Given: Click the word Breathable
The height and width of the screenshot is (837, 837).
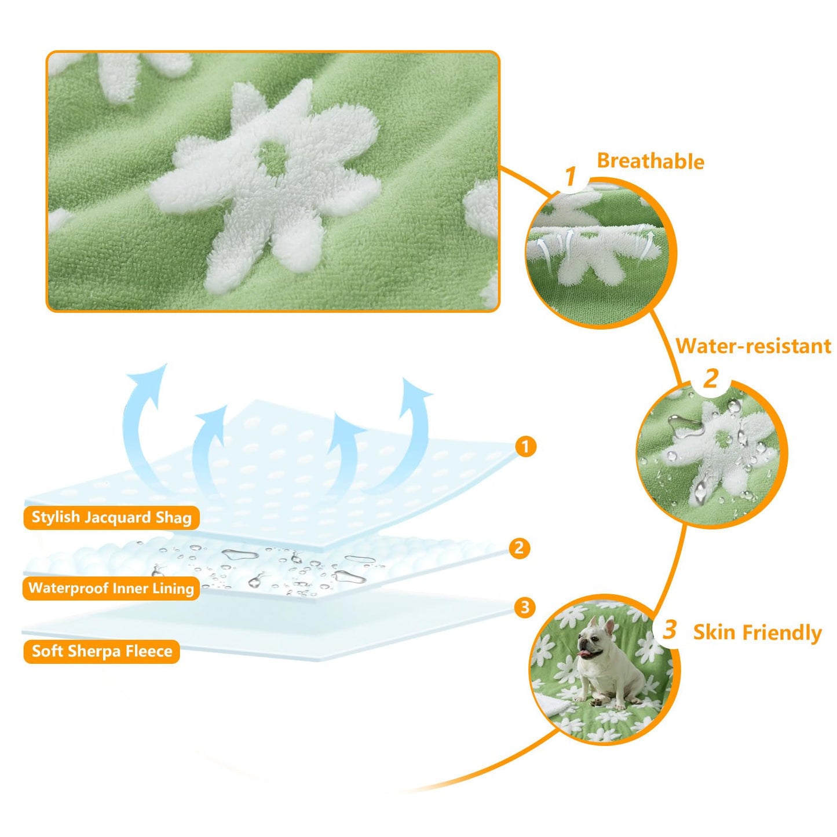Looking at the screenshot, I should point(650,161).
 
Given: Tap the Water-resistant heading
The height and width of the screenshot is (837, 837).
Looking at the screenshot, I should point(753,346).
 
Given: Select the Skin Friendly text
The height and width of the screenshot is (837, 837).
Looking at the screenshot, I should point(757,632).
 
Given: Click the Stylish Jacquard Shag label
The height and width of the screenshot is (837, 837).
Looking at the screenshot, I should point(111,517).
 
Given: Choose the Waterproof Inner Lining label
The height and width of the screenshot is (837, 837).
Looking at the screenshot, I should point(111,589).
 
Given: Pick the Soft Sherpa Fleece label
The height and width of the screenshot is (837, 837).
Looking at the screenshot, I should point(102,651).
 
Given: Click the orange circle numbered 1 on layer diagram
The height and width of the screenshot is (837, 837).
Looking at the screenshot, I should point(525,447).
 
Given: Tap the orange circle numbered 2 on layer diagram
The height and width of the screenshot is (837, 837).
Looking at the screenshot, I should point(519,548).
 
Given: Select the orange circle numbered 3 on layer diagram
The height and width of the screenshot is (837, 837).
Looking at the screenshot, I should point(525,607).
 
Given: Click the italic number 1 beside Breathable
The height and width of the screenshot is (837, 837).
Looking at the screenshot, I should point(571,176).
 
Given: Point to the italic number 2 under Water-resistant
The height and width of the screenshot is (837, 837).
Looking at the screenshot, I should point(711,379).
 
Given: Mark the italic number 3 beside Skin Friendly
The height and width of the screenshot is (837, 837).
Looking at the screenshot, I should point(670,630).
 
